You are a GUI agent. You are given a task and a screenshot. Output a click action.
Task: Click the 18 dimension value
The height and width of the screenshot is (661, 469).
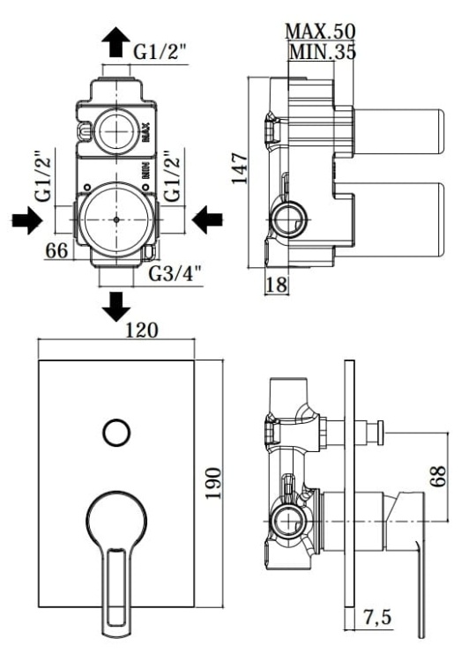277,284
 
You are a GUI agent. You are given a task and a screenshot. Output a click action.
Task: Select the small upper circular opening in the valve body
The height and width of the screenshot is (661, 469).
115,130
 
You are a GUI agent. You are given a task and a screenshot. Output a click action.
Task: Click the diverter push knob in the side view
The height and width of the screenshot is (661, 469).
380,431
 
